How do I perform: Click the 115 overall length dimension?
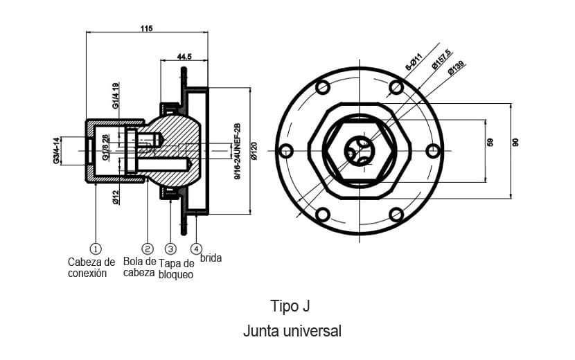pyautogui.click(x=146, y=28)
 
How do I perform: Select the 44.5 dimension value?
pyautogui.click(x=184, y=56)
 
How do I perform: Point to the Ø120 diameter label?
pyautogui.click(x=254, y=151)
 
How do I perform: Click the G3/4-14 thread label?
pyautogui.click(x=55, y=150)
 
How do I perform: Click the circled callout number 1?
pyautogui.click(x=96, y=248)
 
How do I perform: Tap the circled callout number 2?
pyautogui.click(x=147, y=248)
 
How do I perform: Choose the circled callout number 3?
pyautogui.click(x=171, y=248)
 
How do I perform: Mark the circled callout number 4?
pyautogui.click(x=197, y=248)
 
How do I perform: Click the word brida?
pyautogui.click(x=211, y=258)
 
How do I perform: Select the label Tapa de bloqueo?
pyautogui.click(x=176, y=269)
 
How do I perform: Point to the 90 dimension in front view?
pyautogui.click(x=515, y=142)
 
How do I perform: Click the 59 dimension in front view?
pyautogui.click(x=490, y=142)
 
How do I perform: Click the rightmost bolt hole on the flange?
pyautogui.click(x=432, y=150)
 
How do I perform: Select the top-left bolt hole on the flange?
pyautogui.click(x=322, y=88)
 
